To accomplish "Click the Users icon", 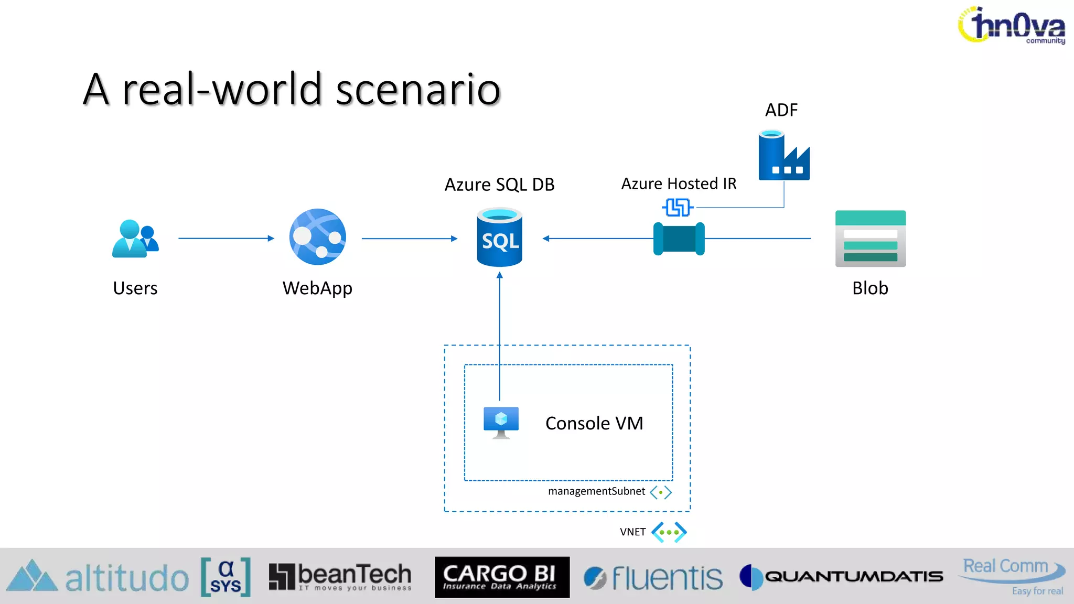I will click(x=135, y=239).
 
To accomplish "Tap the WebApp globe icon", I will click(x=317, y=237).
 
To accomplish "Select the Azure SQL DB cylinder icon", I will click(x=499, y=238).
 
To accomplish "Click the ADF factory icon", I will click(x=783, y=156).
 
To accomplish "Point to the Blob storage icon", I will click(x=870, y=239).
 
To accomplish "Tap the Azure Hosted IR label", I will click(x=679, y=184).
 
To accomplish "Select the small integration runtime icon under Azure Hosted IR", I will click(x=678, y=208).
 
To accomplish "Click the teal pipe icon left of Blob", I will click(x=679, y=239).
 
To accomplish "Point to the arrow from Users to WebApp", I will click(x=225, y=239).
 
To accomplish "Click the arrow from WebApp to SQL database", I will click(x=409, y=239).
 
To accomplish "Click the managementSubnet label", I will click(x=596, y=491).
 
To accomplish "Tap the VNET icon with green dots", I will click(x=669, y=532).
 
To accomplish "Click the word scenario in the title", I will click(x=418, y=89).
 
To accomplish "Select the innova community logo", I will click(x=1012, y=25).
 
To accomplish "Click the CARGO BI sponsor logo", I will click(x=502, y=577).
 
